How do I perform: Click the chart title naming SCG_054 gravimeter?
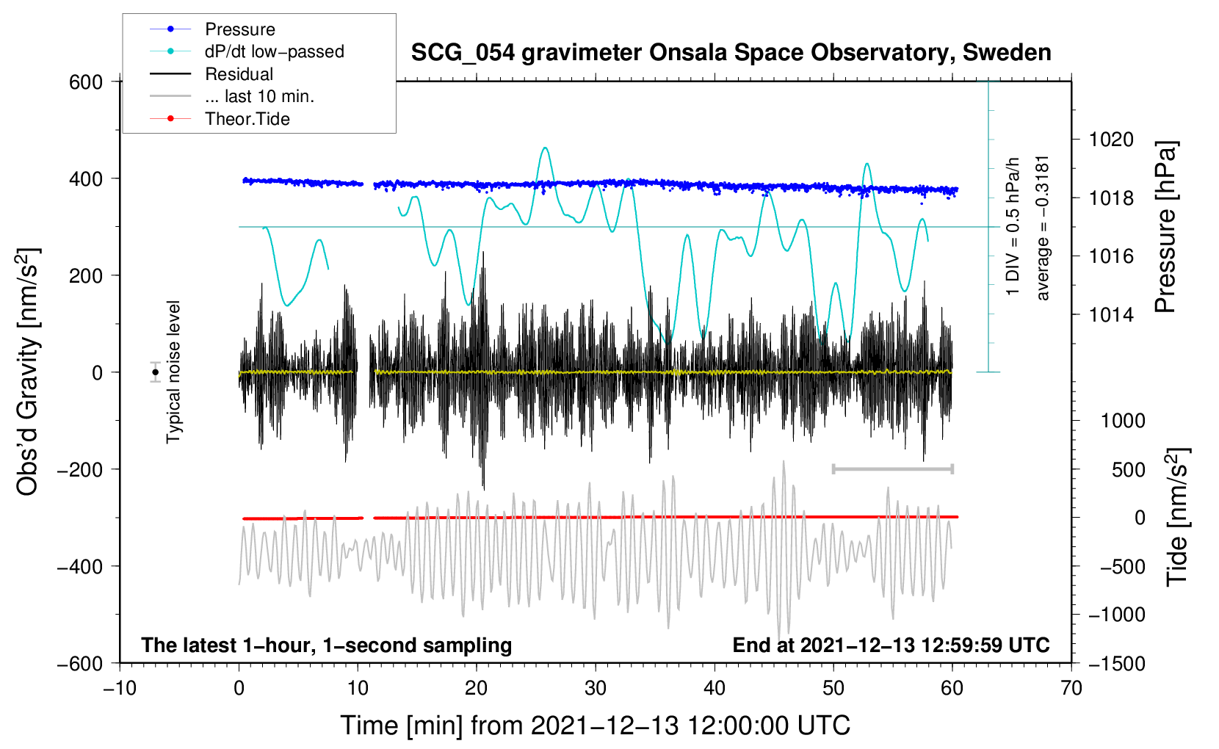[731, 53]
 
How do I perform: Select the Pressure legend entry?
[239, 29]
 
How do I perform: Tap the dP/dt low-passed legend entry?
[274, 51]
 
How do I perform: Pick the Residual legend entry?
[239, 74]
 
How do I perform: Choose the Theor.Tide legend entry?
[247, 119]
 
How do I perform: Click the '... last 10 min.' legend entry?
[259, 96]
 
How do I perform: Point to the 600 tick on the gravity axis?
[86, 82]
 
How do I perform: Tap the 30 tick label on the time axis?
[596, 688]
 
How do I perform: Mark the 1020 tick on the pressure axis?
[1111, 140]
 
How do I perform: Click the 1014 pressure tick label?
[1111, 315]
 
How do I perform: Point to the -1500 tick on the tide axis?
[1116, 663]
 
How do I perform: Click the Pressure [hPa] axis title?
[1165, 228]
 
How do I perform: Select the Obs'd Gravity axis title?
[28, 372]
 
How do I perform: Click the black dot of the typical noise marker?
[155, 372]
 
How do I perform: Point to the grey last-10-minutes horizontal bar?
[892, 468]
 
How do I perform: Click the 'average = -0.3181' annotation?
[1043, 228]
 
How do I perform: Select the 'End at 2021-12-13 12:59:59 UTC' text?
[891, 645]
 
